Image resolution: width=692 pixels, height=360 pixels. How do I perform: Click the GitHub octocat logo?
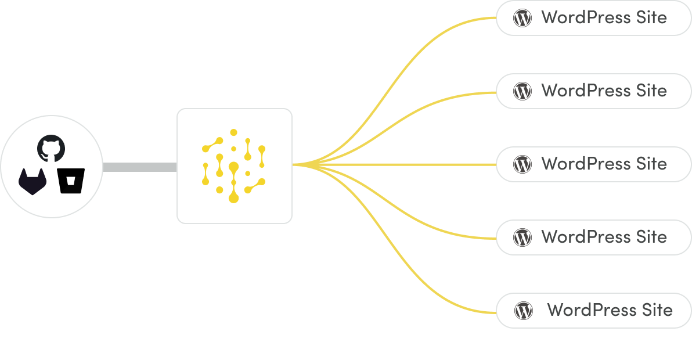(x=51, y=148)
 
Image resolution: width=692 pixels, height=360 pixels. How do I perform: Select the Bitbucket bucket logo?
(x=71, y=181)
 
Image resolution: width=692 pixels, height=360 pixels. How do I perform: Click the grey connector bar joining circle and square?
(x=139, y=167)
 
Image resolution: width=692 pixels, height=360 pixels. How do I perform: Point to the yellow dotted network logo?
(x=234, y=165)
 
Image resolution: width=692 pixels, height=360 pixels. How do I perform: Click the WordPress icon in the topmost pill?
(x=522, y=18)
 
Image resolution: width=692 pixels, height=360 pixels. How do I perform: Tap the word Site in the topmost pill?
(x=650, y=17)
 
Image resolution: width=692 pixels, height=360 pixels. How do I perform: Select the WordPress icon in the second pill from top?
(x=522, y=91)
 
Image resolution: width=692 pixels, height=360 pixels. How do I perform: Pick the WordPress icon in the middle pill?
(x=522, y=164)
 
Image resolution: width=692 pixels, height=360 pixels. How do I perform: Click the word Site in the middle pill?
(x=650, y=164)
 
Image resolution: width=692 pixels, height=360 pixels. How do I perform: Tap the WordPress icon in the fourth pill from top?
(x=522, y=237)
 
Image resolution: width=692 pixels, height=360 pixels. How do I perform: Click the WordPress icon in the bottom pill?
(x=523, y=311)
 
